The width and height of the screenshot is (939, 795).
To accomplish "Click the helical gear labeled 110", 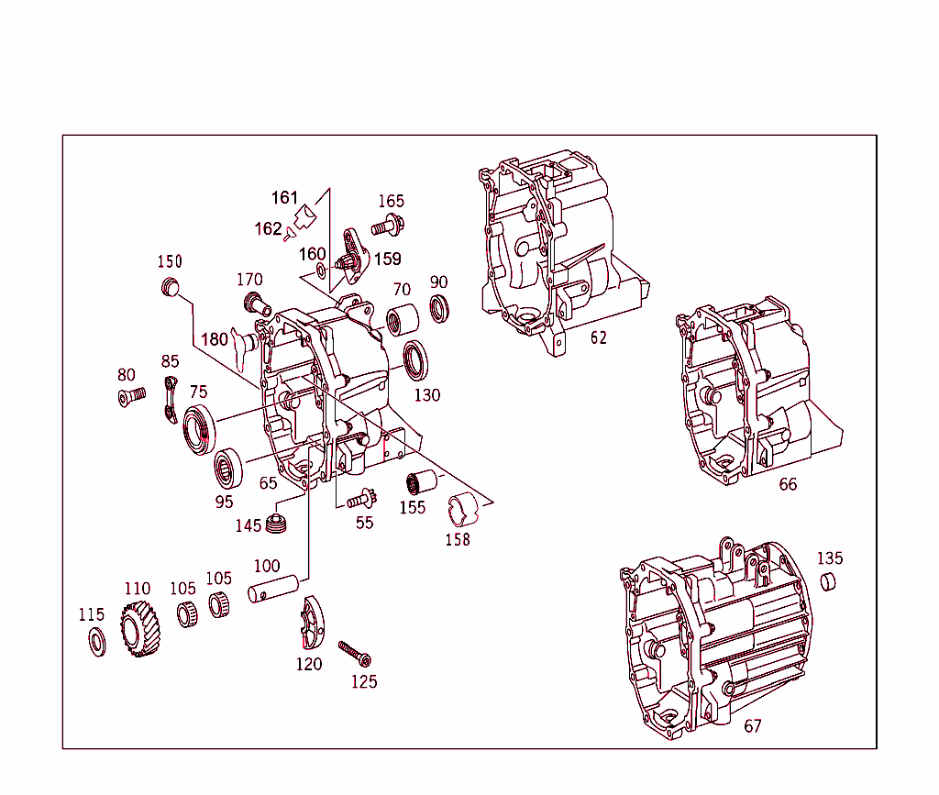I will pos(138,631).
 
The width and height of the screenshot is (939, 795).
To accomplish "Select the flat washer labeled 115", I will pos(95,642).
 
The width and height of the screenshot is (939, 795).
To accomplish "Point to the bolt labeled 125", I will pos(355,654).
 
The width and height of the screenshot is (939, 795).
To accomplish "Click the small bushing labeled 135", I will pos(828,581).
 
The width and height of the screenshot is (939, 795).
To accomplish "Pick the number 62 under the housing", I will pos(598,337).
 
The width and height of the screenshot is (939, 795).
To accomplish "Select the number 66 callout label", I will pos(788,484).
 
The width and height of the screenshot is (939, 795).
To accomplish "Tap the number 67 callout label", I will pos(752,726).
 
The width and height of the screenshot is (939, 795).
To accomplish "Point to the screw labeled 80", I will pos(132,397).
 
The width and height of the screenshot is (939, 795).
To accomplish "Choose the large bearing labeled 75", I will pos(199,429).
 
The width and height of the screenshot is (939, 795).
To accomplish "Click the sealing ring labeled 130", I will pos(416,359).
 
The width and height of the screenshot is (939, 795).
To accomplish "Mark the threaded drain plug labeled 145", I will pos(278,525).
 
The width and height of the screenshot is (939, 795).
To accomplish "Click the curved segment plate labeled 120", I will pos(312,623).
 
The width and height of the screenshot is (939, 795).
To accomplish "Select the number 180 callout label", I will pos(214,339).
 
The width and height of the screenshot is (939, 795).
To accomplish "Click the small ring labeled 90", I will pos(440,308).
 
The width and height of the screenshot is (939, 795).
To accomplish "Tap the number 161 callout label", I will pos(284,197).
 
